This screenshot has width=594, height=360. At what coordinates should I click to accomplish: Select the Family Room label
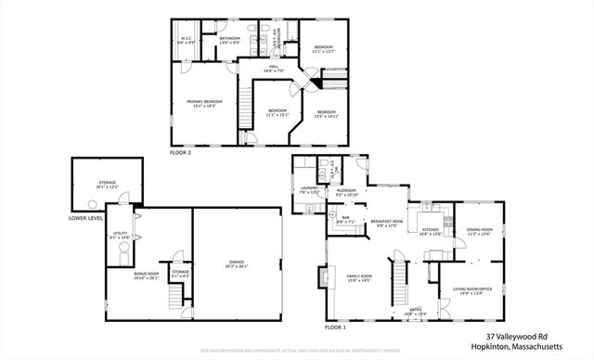[x=358, y=276]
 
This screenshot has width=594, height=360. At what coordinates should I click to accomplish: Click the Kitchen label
[x=432, y=231]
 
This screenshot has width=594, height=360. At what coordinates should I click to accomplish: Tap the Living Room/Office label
[x=471, y=292]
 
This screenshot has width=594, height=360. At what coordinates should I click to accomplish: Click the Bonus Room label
[x=122, y=276]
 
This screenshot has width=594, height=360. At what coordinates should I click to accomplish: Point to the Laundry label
[x=310, y=190]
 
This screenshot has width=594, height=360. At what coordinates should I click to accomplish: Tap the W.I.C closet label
[x=187, y=40]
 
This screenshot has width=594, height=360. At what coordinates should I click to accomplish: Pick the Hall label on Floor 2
[x=275, y=67]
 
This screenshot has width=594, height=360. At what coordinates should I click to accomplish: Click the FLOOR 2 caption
[x=181, y=151]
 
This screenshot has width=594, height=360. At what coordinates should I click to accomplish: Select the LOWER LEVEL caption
[x=85, y=219]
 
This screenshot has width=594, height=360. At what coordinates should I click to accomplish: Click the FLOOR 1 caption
[x=335, y=328]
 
